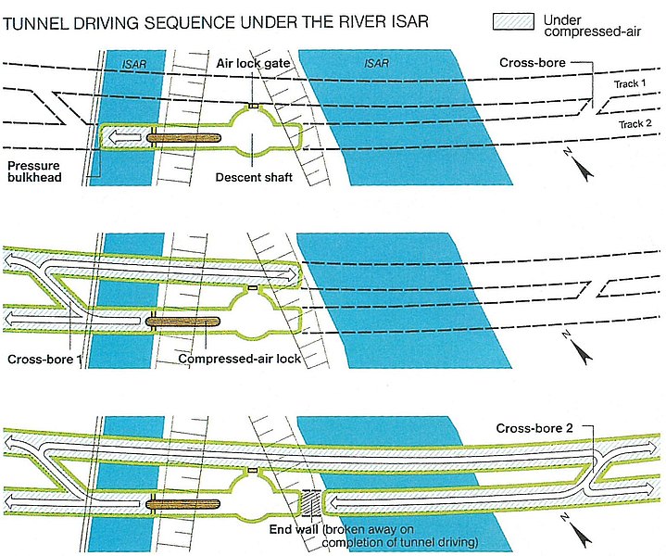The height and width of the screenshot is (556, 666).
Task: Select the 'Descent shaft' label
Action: (253, 177)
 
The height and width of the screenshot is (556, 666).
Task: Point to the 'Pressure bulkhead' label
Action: (36, 171)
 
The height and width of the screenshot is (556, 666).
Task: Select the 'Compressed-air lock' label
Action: (239, 358)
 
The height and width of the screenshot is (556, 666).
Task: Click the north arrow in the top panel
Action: (580, 168)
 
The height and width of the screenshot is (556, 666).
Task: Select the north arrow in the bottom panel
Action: (580, 533)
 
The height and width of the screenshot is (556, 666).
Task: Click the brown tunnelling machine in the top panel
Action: (185, 138)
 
